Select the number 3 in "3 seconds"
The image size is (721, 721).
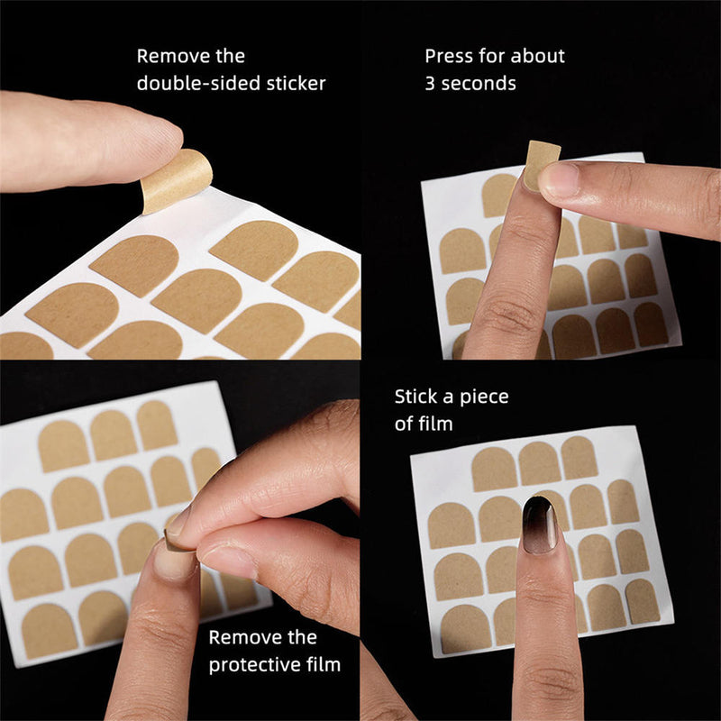click(x=430, y=84)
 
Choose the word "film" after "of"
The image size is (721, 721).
click(x=436, y=424)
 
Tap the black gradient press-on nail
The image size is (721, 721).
click(x=540, y=525)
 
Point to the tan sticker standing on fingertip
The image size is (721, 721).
click(x=541, y=165)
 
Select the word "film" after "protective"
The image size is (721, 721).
click(x=324, y=664)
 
